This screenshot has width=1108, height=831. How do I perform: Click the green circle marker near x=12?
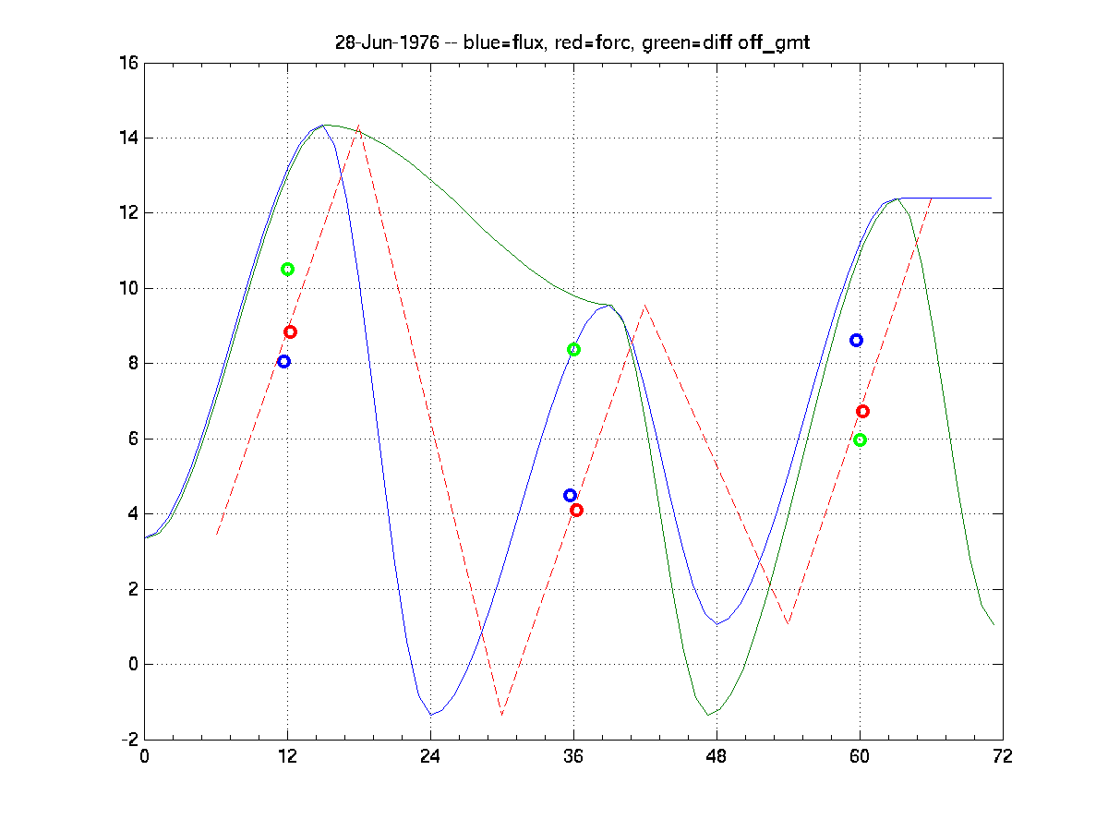coord(287,269)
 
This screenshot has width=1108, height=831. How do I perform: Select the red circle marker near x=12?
coord(290,331)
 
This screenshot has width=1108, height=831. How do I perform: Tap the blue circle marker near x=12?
coord(283,361)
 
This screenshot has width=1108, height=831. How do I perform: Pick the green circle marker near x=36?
coord(573,349)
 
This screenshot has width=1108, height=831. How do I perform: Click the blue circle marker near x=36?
coord(570,495)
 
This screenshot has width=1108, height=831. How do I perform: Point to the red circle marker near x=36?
coord(576,510)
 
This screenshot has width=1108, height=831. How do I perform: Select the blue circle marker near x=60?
coord(856,340)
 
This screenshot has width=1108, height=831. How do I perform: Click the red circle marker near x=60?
coord(862,411)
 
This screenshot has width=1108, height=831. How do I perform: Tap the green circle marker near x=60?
coord(860,440)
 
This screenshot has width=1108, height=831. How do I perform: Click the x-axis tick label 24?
coord(430,756)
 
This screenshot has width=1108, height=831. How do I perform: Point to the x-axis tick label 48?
coord(717,756)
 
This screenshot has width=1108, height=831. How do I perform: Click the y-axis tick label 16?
coord(127,64)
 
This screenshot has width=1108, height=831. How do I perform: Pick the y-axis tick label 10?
coord(127,289)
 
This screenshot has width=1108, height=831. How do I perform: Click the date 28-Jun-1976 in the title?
coord(386,43)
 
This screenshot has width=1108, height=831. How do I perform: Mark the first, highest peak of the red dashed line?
coord(358,126)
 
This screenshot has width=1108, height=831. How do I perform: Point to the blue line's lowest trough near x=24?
coord(431,715)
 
